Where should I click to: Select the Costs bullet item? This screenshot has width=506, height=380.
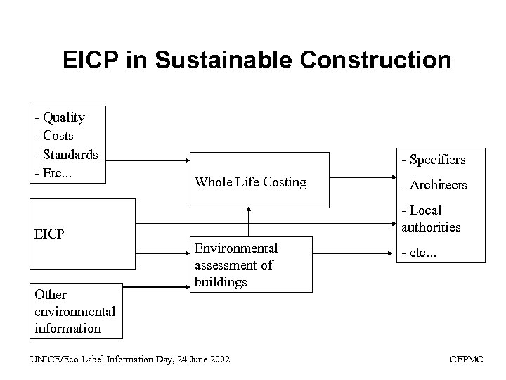[58, 135]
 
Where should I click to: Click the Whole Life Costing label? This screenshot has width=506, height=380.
[251, 182]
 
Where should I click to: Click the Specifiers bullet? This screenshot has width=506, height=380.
[433, 160]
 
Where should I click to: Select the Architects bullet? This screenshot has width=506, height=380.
[434, 185]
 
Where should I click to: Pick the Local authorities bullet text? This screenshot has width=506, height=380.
[432, 218]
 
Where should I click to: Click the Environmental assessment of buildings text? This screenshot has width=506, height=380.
[236, 265]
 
